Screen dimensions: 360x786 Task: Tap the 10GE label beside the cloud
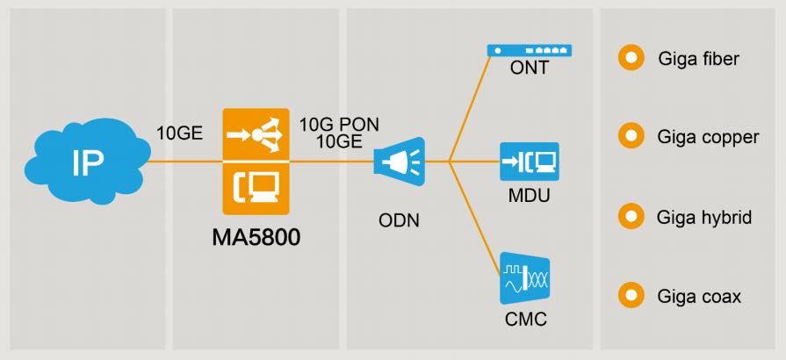tap(179, 133)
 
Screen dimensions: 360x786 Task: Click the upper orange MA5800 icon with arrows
tap(256, 134)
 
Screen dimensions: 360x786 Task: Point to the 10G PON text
tap(339, 125)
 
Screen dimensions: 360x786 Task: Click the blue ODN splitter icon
tap(395, 162)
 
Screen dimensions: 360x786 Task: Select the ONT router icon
tap(530, 52)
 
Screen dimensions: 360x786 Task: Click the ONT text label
tap(529, 69)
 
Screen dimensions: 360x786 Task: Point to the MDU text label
tap(529, 196)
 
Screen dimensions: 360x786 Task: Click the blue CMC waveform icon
tap(524, 279)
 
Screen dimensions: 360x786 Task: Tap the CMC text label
tap(525, 319)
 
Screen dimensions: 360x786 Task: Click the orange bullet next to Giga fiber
tap(629, 59)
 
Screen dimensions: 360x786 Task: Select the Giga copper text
tap(708, 137)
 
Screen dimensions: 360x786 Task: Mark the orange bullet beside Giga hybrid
tap(629, 216)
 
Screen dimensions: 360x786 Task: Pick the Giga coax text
tap(699, 296)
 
